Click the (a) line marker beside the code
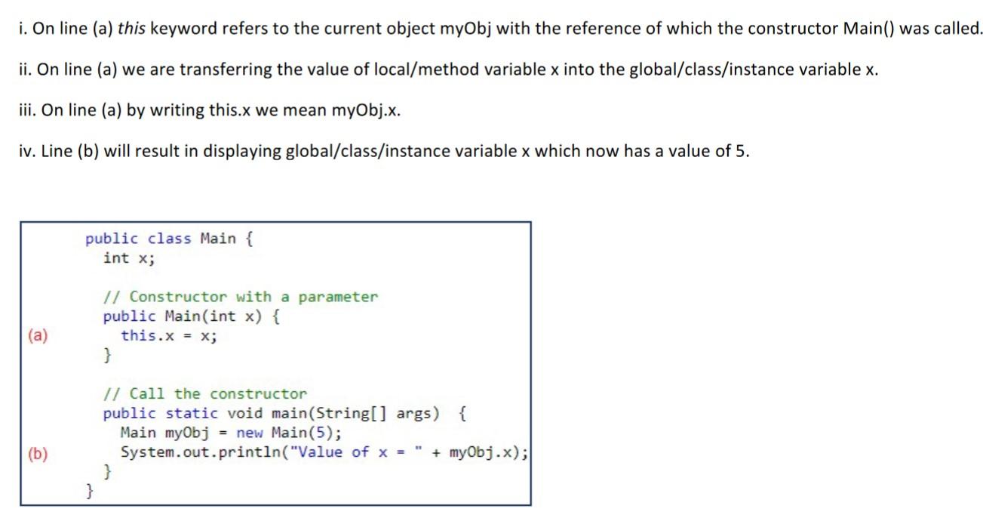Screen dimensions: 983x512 click(36, 336)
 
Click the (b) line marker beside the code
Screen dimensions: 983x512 click(36, 453)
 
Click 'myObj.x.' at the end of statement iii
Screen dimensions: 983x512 click(366, 110)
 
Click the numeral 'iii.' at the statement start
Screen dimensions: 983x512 click(29, 110)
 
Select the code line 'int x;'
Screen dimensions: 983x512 click(129, 258)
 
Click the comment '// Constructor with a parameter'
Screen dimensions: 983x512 click(241, 297)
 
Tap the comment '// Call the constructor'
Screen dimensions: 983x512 click(205, 393)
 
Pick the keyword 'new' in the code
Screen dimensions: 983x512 click(249, 433)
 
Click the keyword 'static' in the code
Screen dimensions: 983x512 click(192, 413)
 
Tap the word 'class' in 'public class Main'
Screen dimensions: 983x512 click(169, 239)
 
